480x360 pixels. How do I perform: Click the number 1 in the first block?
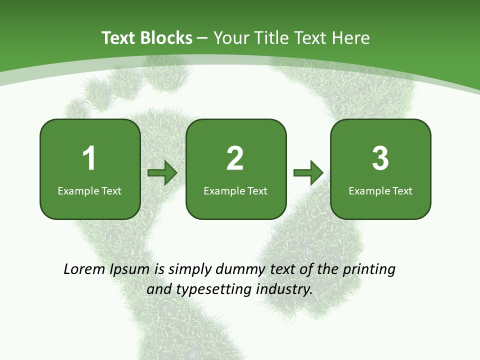tap(89, 158)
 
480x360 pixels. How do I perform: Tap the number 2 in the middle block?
tap(235, 158)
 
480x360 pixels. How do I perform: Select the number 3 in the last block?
tap(380, 158)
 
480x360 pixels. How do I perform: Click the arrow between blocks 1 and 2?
tap(162, 173)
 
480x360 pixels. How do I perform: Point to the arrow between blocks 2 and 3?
tap(308, 173)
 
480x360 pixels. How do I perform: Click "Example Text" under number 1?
tap(89, 190)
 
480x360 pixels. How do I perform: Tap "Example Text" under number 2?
tap(235, 190)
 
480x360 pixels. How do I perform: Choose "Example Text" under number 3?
tap(380, 190)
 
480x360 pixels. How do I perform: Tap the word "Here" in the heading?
tap(351, 38)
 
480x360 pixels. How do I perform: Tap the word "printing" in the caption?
tap(369, 269)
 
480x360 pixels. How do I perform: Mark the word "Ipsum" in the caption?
tap(129, 269)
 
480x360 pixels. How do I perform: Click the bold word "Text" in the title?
tap(119, 38)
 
